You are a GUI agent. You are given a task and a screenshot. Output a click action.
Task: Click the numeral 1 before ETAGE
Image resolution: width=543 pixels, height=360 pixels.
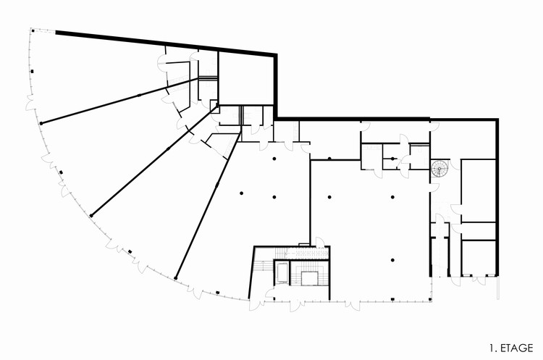click(x=492, y=348)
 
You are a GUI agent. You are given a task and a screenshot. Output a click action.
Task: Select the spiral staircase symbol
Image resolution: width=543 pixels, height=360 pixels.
click(x=439, y=169)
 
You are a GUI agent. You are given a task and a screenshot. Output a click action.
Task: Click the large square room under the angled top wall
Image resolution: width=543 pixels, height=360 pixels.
click(x=246, y=79)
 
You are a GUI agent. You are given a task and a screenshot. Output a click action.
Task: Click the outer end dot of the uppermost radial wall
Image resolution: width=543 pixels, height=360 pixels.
click(x=41, y=124)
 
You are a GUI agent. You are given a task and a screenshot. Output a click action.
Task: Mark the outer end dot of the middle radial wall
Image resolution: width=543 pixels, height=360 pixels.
click(x=91, y=215)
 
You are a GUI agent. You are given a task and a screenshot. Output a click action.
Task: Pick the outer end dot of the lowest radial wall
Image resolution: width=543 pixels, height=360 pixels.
click(x=175, y=276)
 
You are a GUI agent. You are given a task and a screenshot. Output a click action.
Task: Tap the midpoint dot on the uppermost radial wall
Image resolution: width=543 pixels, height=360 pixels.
click(x=140, y=95)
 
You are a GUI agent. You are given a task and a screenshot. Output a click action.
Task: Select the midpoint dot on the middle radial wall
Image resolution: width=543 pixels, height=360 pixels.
click(x=168, y=148)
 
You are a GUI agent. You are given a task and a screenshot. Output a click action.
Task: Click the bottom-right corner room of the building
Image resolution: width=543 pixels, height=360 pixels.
click(x=479, y=257)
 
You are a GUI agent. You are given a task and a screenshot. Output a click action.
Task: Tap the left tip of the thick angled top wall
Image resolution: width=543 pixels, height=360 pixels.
click(x=57, y=32)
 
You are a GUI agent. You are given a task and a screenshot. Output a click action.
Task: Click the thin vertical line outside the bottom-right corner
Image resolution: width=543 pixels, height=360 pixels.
click(x=500, y=290)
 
